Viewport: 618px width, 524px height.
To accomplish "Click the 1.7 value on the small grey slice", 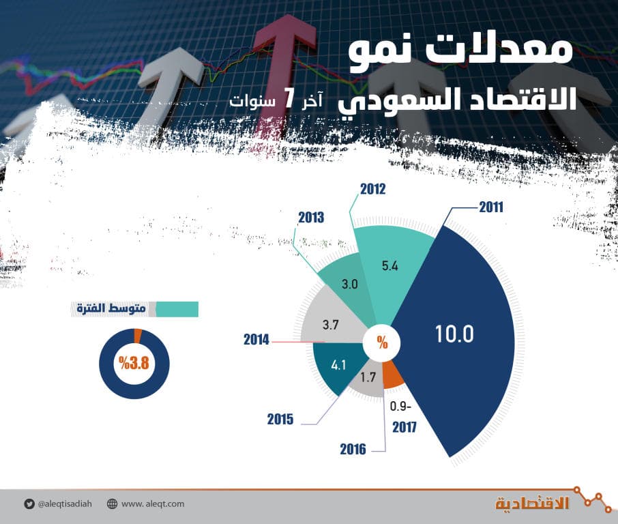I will (x=368, y=375).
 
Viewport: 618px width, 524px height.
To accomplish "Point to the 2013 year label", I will (x=310, y=218).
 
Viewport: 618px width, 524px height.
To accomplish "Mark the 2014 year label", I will (x=257, y=338).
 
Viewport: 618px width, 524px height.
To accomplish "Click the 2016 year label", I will (x=353, y=449).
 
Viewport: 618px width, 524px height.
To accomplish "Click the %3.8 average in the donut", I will (x=133, y=362).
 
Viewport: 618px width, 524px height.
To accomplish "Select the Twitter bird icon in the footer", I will (x=29, y=504).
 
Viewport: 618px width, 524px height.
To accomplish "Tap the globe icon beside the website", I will (x=112, y=504).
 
